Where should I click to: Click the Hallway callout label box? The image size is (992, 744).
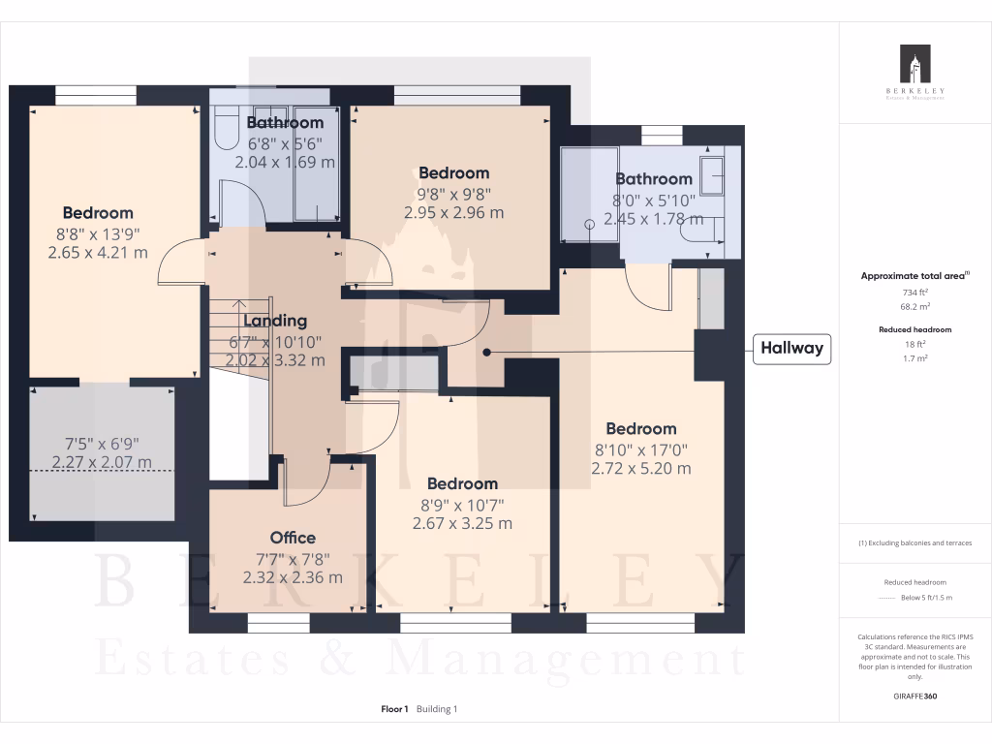point(791,349)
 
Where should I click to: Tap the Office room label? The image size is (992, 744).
point(293,538)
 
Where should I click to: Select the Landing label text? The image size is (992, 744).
point(275,321)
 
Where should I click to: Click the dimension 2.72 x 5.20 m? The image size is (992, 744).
point(641,468)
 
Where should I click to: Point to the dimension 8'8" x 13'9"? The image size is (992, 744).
point(98,233)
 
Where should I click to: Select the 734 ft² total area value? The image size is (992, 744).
point(914,292)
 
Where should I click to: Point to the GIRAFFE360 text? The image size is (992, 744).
point(914,696)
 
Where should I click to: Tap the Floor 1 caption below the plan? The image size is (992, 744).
point(395,709)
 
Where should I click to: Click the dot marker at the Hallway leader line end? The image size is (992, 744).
point(487,353)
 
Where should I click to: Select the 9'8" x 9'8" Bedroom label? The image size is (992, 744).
point(453,173)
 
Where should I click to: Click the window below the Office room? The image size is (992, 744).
point(279,622)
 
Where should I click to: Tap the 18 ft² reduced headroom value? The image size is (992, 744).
point(914,344)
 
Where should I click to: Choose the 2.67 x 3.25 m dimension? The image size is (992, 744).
point(462,523)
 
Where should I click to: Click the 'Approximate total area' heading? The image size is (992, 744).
point(914,276)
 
